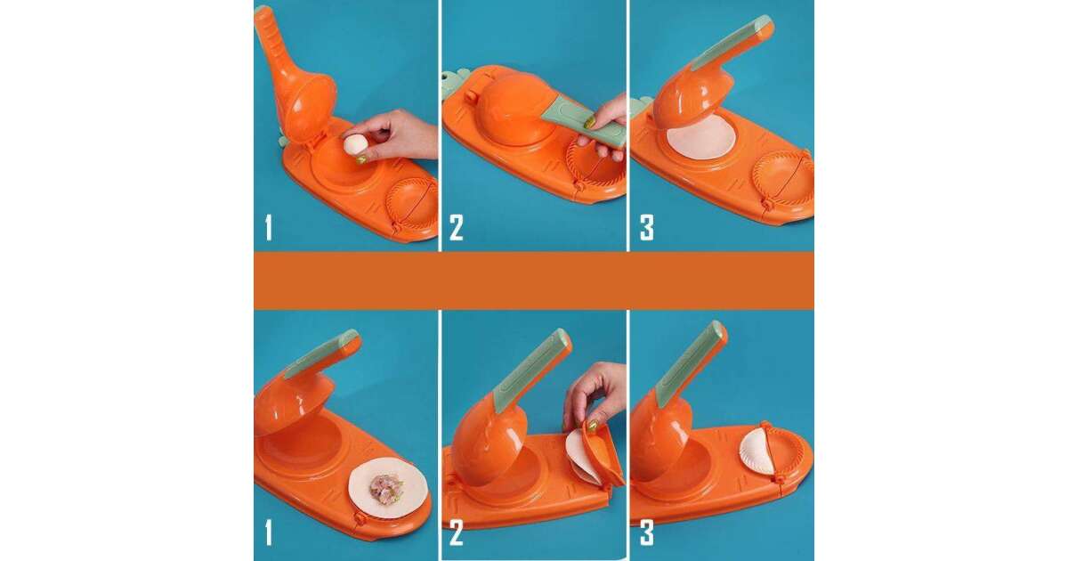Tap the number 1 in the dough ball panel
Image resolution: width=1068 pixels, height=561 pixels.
(x=269, y=228)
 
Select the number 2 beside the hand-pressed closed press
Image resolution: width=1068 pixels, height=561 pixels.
(x=456, y=228)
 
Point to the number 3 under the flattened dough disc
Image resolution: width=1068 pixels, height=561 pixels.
(x=646, y=228)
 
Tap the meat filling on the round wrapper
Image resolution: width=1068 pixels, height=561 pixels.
(x=385, y=488)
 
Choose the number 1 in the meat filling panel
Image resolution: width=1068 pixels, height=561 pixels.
(x=269, y=533)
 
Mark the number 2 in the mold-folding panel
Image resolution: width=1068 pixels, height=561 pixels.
(x=456, y=533)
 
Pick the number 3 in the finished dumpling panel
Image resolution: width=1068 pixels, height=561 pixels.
(x=646, y=533)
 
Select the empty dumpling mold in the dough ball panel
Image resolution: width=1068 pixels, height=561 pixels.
(x=412, y=205)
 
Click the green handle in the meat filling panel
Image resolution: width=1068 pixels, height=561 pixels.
(x=321, y=354)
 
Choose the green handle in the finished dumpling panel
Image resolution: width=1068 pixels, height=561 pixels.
(x=691, y=363)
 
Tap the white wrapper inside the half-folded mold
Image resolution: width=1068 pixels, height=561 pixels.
(x=578, y=457)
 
